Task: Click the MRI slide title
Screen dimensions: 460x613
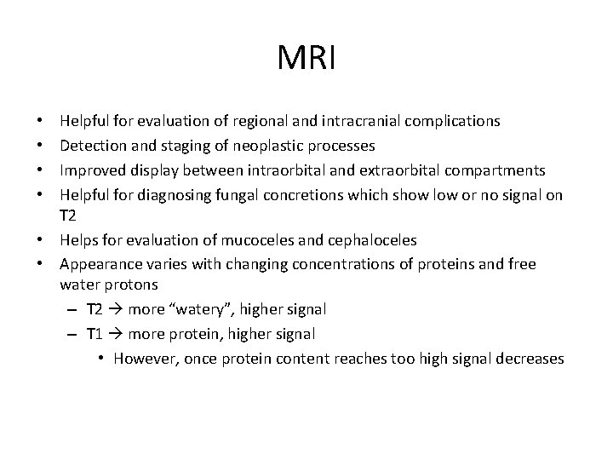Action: click(x=306, y=59)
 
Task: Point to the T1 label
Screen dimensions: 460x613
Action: click(x=95, y=333)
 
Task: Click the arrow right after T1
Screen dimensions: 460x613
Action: click(x=116, y=333)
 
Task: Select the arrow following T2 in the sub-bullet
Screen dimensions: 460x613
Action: click(x=116, y=308)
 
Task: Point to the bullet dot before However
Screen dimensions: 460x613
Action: click(x=101, y=359)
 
